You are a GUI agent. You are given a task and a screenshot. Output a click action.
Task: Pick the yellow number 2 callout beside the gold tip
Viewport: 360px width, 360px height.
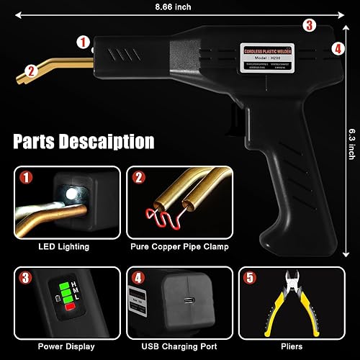click(x=30, y=70)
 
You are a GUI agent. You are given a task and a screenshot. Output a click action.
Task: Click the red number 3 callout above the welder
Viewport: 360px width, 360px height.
click(x=309, y=26)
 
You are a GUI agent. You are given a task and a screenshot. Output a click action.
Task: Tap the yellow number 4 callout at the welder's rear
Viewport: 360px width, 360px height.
click(x=338, y=49)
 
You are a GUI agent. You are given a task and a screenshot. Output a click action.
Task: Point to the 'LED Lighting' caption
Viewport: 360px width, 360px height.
click(x=64, y=247)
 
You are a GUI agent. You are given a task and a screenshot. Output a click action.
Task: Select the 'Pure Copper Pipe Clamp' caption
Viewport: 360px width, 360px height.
click(x=180, y=247)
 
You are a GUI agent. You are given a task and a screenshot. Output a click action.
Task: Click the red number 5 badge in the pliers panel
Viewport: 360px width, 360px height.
click(x=249, y=276)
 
